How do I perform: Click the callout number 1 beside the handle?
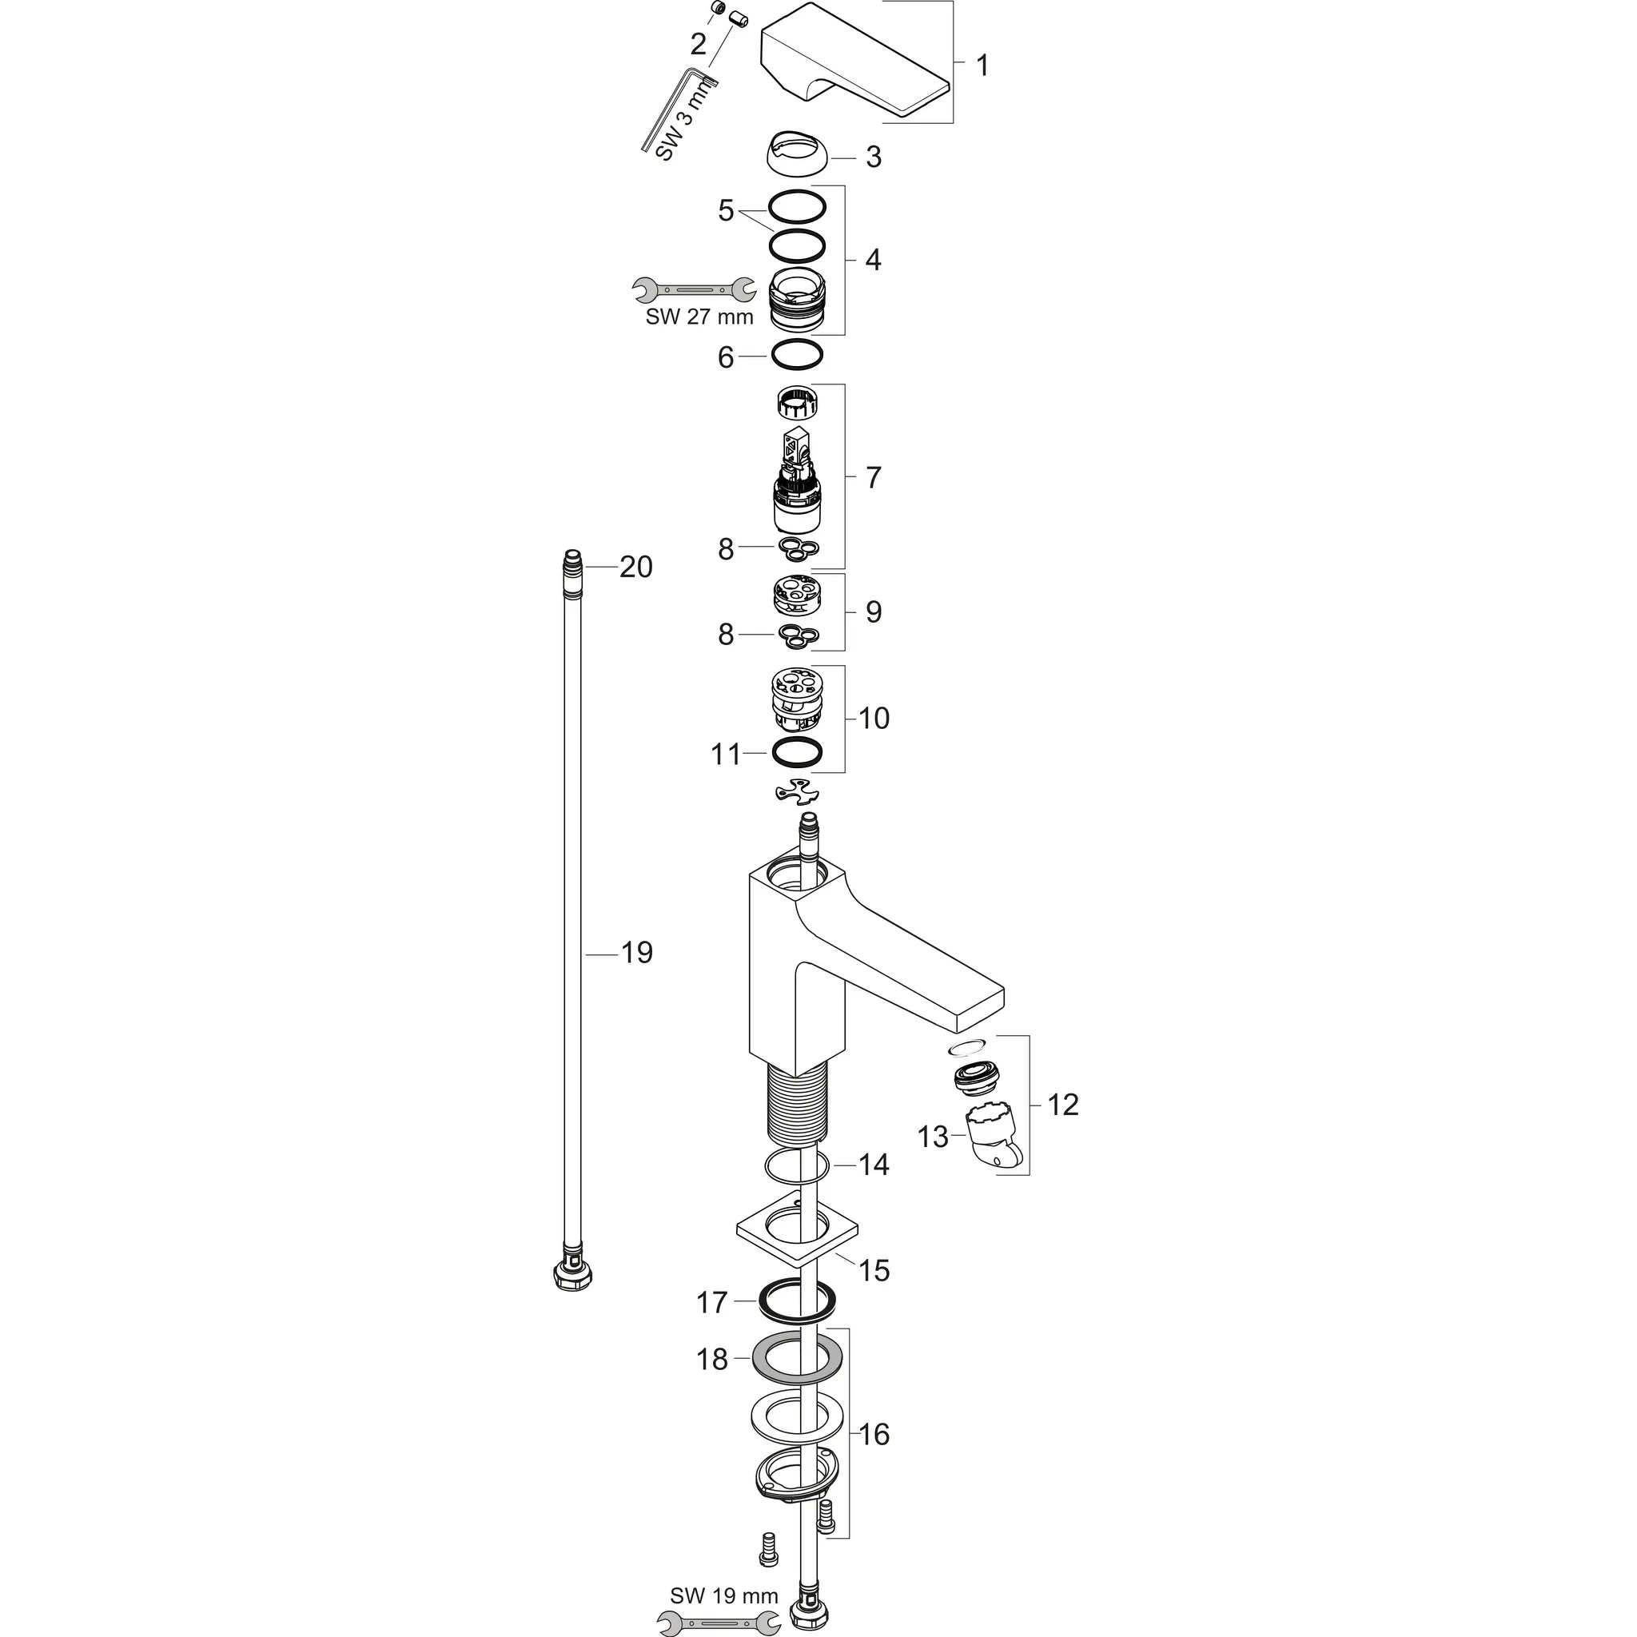[982, 66]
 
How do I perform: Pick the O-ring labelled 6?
[795, 355]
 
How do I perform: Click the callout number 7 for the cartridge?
[874, 477]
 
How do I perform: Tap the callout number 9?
[874, 611]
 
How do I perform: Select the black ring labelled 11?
[796, 751]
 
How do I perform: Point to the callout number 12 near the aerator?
[1063, 1104]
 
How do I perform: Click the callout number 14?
[874, 1165]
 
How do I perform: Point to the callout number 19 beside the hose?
[637, 954]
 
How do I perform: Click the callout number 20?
[636, 567]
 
